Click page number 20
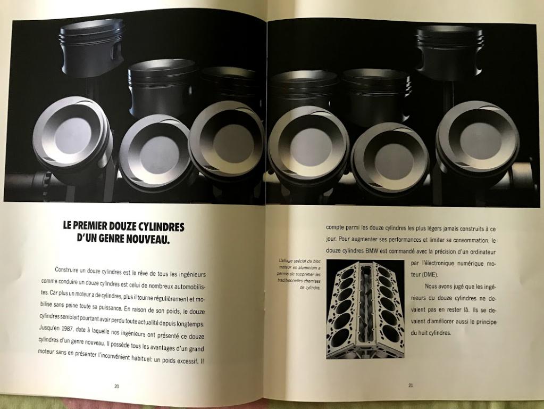coord(116,386)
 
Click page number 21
coord(411,385)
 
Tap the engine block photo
coord(365,309)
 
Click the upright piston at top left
coord(92,50)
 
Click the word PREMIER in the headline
coord(89,226)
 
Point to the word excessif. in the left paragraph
coord(188,361)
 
